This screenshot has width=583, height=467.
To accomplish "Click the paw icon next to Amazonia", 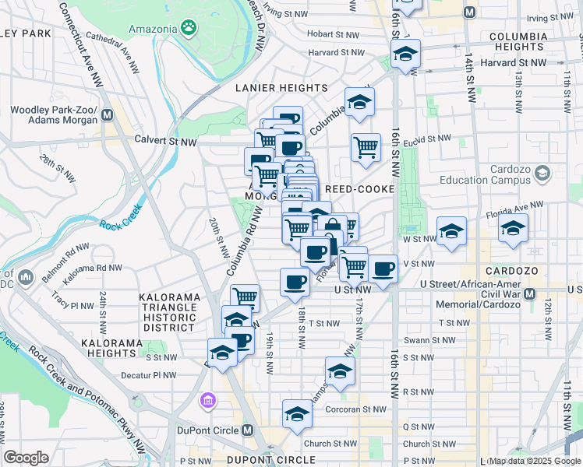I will click(x=188, y=27).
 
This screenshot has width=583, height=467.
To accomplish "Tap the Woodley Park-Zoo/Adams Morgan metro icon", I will click(x=107, y=115).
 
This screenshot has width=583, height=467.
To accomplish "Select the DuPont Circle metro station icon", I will click(x=248, y=430).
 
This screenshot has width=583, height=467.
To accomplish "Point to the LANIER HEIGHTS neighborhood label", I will click(x=281, y=89).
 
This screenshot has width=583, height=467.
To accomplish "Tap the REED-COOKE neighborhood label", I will click(x=355, y=189).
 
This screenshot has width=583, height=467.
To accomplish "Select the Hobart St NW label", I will click(x=333, y=34).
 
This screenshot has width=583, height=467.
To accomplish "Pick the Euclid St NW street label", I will click(x=432, y=139).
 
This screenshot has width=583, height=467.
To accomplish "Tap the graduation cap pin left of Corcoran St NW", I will click(x=297, y=413).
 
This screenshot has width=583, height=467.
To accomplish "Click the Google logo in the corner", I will click(x=26, y=458).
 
